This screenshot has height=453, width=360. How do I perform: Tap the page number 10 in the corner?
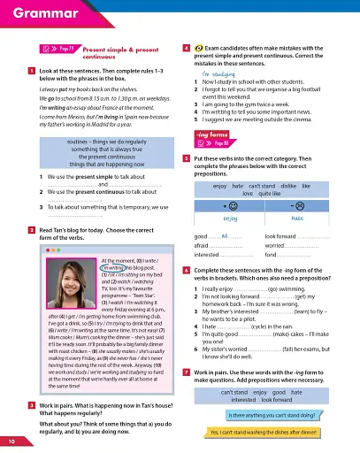click(11, 441)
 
